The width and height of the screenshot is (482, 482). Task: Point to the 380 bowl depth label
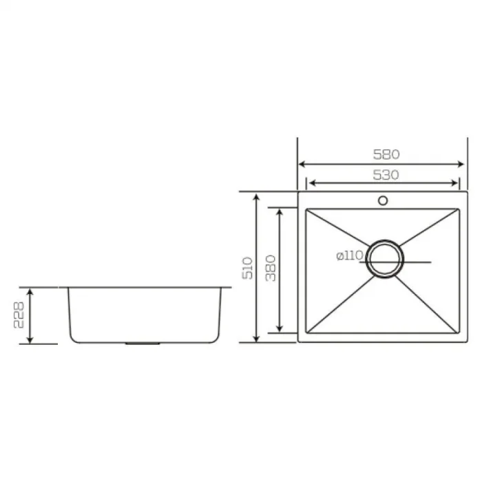pos(271,267)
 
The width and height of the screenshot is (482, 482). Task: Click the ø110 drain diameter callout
pos(350,255)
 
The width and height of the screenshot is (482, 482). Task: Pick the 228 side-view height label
pos(20,315)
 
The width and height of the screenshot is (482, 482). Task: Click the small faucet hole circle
pos(383,202)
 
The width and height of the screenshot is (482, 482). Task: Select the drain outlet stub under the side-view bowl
pos(143,342)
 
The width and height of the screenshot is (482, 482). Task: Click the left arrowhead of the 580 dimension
pos(300,164)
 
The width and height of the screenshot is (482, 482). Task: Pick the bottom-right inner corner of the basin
pos(457,331)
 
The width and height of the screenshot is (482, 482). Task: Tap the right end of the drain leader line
pos(430,262)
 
